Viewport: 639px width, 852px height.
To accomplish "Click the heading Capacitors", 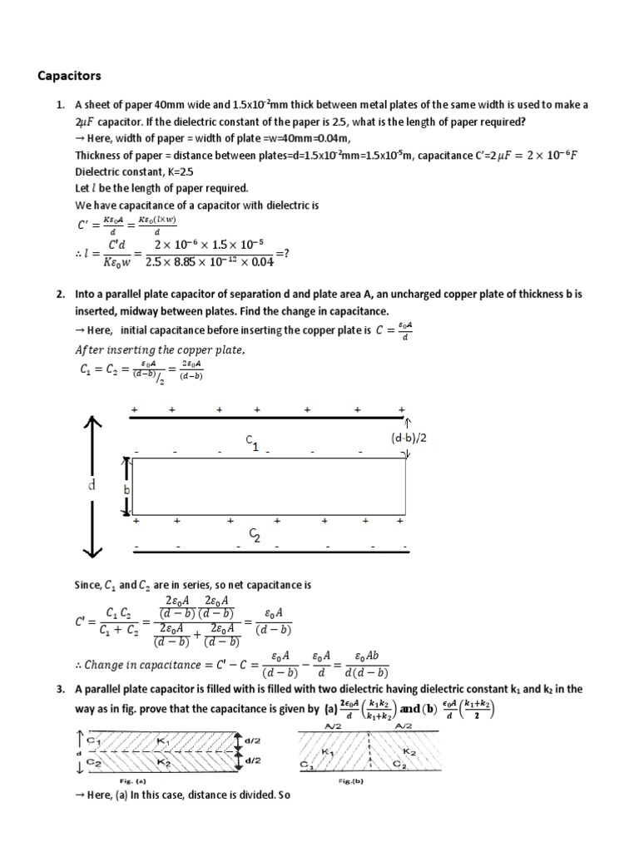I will (x=70, y=76).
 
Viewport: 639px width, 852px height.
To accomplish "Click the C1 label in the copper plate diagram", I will (x=251, y=443).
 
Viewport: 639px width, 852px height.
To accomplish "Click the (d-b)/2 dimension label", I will (x=409, y=437).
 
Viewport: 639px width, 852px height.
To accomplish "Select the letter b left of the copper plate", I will (x=127, y=491).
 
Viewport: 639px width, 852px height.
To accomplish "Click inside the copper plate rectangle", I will (x=266, y=487).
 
